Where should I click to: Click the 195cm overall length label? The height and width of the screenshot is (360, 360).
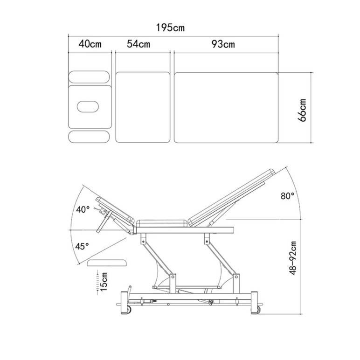point(170,28)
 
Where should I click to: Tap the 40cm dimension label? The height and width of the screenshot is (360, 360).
point(90,44)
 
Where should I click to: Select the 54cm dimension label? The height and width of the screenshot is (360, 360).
point(138,44)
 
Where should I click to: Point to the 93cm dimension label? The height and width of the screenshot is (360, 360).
point(223,44)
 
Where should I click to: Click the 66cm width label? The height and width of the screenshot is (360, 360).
point(302,110)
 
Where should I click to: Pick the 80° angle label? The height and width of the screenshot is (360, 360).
point(287,196)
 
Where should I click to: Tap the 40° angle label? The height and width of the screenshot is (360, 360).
point(83,209)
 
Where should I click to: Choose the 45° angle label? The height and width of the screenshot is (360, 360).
point(82,246)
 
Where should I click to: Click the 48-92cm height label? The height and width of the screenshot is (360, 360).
point(293,258)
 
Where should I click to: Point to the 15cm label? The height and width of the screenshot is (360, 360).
point(104,282)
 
